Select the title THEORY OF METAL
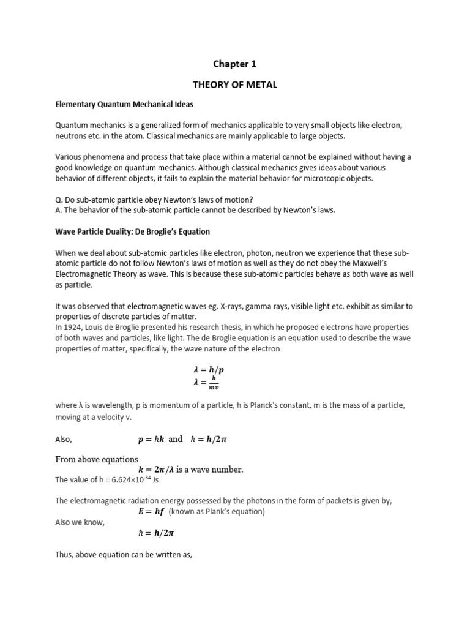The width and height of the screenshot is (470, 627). pyautogui.click(x=235, y=84)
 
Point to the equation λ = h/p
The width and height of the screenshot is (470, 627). pyautogui.click(x=209, y=370)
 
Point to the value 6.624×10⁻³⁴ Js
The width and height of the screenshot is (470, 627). pyautogui.click(x=125, y=479)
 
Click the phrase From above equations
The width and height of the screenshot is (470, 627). pyautogui.click(x=97, y=459)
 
